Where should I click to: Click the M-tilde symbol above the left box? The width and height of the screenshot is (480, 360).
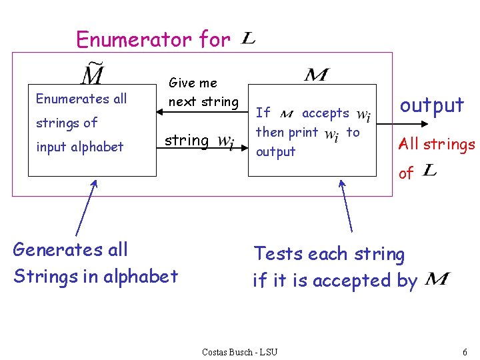[x=92, y=74]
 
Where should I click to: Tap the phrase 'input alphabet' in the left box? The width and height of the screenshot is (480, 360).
[x=80, y=147]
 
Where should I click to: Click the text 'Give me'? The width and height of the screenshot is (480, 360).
[x=193, y=83]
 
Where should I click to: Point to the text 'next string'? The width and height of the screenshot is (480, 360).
[x=203, y=102]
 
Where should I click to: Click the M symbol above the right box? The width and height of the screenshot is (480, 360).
[x=315, y=74]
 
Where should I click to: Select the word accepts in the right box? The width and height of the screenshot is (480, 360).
[x=325, y=113]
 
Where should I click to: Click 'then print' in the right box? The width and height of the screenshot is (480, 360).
[x=287, y=132]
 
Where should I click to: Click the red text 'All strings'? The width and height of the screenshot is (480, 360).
[x=436, y=144]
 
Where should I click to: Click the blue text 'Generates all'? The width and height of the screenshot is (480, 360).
[x=71, y=250]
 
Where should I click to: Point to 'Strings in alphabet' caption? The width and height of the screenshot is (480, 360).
[x=96, y=276]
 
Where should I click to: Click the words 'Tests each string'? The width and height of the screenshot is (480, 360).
[x=329, y=254]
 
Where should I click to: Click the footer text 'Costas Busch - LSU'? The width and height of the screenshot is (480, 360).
[x=239, y=351]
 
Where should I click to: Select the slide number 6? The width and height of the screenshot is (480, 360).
[x=464, y=351]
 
